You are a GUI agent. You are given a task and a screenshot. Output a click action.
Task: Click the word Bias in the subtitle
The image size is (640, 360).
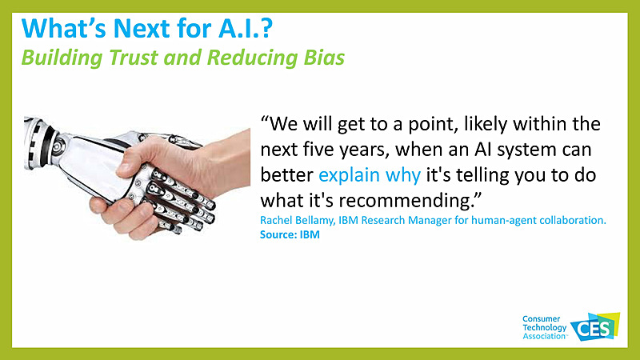[322, 58]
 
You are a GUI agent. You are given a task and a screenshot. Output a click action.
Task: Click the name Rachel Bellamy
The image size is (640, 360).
[296, 221]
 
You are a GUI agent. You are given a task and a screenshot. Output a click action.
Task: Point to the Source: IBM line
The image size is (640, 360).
[286, 234]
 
